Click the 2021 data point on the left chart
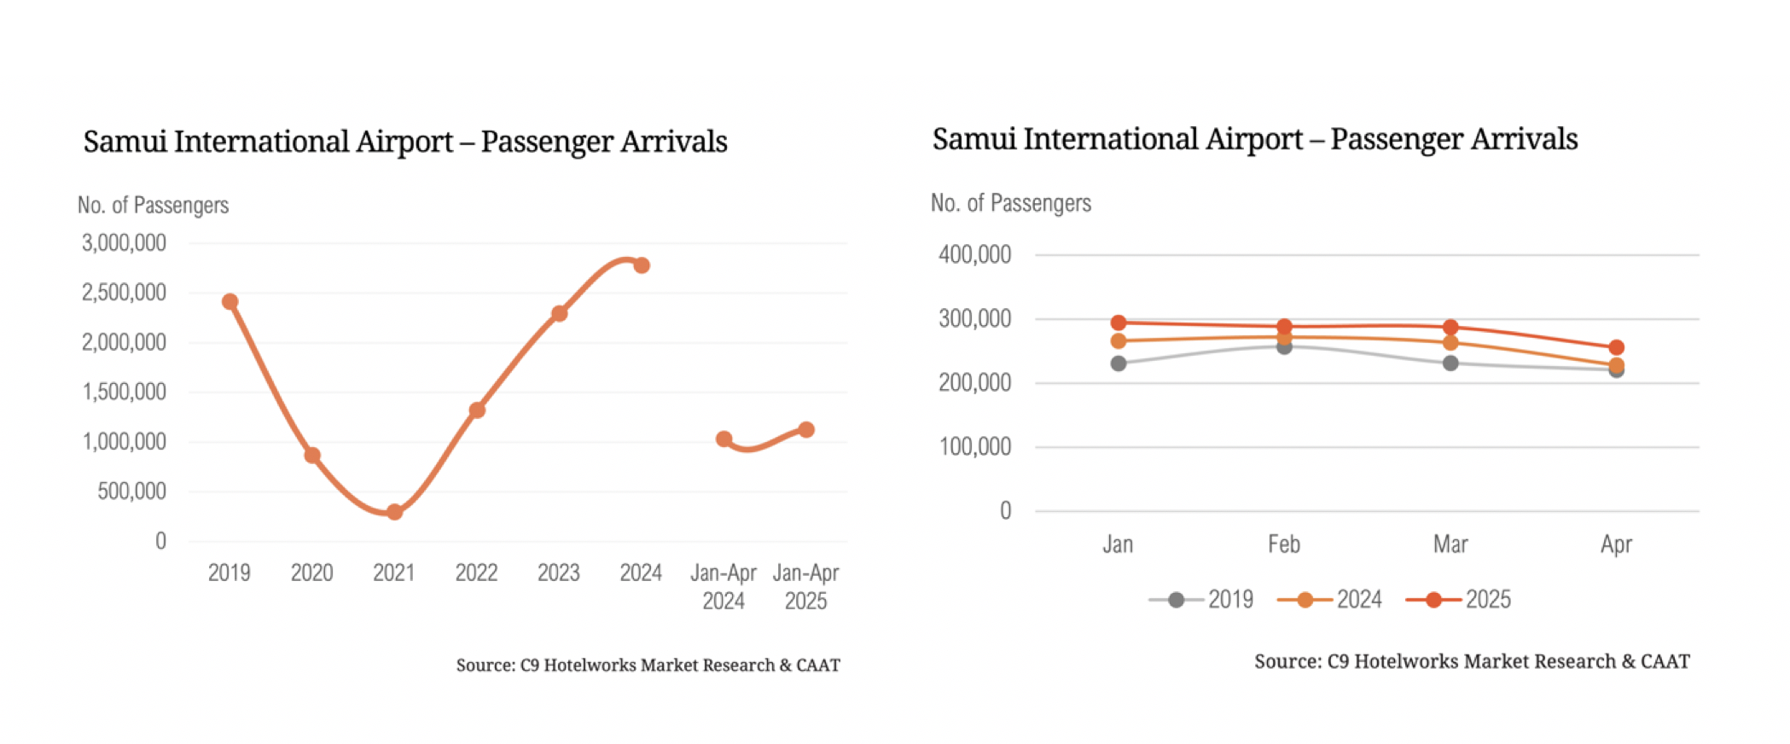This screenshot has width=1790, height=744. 394,512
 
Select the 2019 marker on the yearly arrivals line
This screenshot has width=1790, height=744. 230,302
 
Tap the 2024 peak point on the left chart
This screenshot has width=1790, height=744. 642,265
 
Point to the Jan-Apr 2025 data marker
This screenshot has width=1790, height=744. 806,430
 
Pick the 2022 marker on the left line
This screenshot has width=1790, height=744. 477,410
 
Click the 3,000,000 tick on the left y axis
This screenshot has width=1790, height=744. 124,243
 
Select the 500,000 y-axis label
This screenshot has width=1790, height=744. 131,491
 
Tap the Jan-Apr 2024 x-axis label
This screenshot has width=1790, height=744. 724,587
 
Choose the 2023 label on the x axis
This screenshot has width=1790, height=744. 559,573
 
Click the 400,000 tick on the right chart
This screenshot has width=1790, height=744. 974,254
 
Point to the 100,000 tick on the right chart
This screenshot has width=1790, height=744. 974,446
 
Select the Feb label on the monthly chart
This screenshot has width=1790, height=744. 1284,544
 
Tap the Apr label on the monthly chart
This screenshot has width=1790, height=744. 1616,544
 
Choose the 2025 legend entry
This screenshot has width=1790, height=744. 1459,600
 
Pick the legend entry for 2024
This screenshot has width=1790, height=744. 1330,600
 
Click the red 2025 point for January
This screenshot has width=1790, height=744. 1119,323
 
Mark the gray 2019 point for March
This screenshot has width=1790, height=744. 1450,363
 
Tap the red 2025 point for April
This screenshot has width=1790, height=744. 1616,347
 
